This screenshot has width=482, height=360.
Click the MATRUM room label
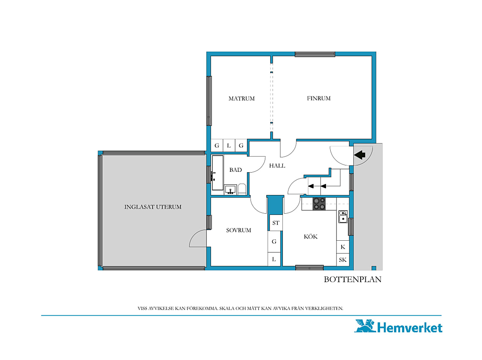tap(241, 99)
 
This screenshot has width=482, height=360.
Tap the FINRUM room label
tap(319, 98)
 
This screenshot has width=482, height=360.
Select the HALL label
tap(277, 165)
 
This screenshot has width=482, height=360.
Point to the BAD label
tap(236, 170)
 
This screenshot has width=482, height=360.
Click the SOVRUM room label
tap(238, 230)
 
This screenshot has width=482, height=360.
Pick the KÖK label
tap(310, 236)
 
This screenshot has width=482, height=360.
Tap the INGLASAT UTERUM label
tap(153, 207)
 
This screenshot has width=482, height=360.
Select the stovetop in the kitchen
tap(319, 204)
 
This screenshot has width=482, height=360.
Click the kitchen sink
tap(343, 216)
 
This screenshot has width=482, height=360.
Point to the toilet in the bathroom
tap(242, 189)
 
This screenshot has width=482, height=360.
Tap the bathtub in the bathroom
tap(217, 173)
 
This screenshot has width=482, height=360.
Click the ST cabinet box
tap(275, 223)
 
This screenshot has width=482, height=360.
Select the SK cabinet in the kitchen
tap(343, 260)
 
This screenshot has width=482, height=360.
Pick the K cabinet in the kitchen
tap(343, 247)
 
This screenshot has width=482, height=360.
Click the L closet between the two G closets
tap(229, 146)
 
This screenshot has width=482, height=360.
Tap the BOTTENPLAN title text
tap(353, 279)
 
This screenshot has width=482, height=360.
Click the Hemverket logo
tap(398, 327)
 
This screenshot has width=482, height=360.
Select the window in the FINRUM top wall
tap(315, 55)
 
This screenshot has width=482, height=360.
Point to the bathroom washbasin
tap(230, 190)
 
